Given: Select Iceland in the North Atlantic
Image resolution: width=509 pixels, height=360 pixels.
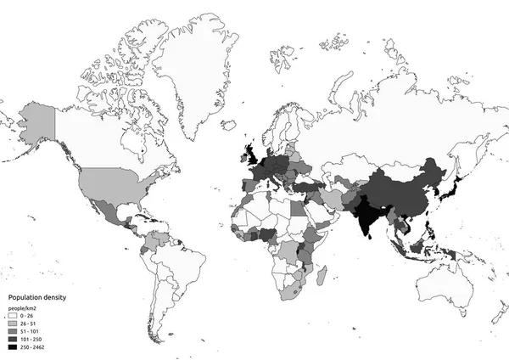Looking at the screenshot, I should coord(228,125).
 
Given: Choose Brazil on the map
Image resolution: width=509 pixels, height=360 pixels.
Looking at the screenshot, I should coord(178,263).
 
